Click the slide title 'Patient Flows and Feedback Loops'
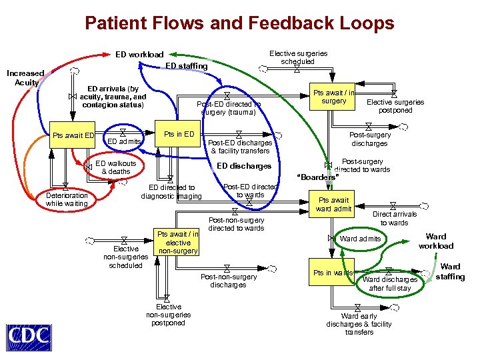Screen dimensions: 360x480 coord(239,23)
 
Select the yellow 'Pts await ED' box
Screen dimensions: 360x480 coord(74,135)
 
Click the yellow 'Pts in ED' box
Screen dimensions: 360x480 coord(179,134)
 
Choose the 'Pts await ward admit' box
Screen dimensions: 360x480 coord(334,205)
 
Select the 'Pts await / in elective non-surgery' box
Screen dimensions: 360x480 coord(177,242)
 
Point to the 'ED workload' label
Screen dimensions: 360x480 coord(139,54)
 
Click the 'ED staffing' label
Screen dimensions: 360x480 coord(186,66)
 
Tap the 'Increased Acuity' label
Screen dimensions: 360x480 coord(25,77)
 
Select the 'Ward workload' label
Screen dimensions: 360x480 coord(436,241)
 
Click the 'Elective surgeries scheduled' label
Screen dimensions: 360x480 coord(298,57)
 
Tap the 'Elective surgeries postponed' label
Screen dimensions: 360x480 coord(395,106)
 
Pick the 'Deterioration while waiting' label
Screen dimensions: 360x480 coord(67,199)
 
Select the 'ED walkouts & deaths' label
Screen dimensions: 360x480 coord(116,167)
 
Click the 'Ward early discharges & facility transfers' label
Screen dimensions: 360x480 coord(359,324)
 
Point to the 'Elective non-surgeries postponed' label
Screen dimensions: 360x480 coord(168,315)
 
